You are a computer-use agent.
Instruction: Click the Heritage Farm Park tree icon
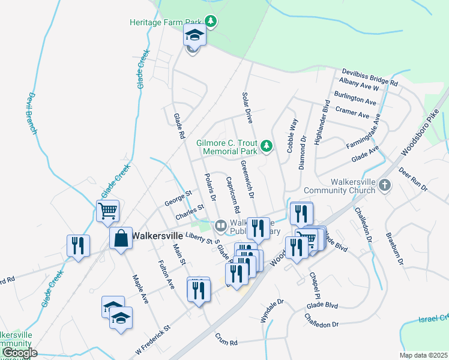click(210, 22)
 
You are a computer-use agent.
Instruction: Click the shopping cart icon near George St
click(108, 211)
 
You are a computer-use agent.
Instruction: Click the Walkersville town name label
click(157, 235)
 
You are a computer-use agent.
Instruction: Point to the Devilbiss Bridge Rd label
click(370, 76)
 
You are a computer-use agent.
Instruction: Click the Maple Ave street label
click(140, 289)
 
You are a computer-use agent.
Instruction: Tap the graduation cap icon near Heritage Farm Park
click(194, 37)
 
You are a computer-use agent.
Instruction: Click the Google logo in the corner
click(19, 353)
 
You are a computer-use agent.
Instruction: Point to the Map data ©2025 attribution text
click(424, 355)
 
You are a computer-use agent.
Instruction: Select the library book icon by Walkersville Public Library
click(220, 226)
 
